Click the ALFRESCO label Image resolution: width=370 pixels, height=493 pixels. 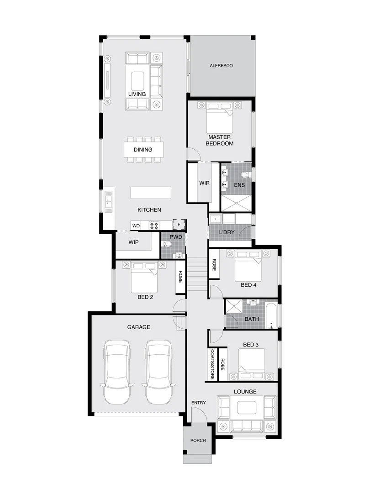tap(221, 66)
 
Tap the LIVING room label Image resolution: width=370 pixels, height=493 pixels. tap(137, 94)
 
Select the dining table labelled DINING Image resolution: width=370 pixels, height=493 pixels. tap(143, 149)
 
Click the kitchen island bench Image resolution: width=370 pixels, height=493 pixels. tap(151, 193)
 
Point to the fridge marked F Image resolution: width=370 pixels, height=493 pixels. tap(180, 225)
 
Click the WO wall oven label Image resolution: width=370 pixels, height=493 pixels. tap(136, 226)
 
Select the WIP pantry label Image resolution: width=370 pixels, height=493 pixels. tap(133, 242)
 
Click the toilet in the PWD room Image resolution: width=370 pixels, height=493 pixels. tap(167, 244)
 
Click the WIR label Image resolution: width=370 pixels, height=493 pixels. tap(204, 183)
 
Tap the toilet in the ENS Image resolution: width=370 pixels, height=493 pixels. tap(244, 174)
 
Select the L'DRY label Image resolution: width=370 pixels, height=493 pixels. tap(227, 232)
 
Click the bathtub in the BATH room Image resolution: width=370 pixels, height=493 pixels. tap(272, 315)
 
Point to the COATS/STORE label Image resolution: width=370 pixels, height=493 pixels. tap(212, 364)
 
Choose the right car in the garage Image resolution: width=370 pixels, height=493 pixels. tap(158, 372)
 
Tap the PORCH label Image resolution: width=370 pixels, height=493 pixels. tap(198, 441)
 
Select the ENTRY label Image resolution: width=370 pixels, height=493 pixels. tap(199, 403)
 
